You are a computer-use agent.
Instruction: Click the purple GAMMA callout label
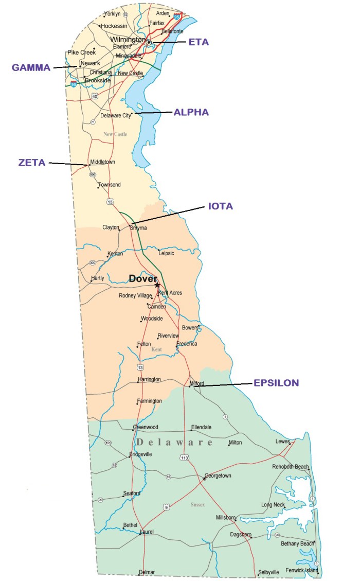point(31,67)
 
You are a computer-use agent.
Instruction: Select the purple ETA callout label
point(199,42)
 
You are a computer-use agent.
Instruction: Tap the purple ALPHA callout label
point(191,112)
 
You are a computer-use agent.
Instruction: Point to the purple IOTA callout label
point(220,206)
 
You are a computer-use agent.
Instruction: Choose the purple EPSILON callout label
point(276,383)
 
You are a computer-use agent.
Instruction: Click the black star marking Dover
point(157,285)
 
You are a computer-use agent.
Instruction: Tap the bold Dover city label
point(142,278)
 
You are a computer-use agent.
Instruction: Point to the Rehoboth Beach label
point(291,467)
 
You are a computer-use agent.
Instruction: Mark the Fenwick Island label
point(300,570)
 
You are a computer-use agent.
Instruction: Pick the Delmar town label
point(147,572)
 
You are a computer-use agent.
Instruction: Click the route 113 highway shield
point(184,457)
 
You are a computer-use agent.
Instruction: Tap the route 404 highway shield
point(108,443)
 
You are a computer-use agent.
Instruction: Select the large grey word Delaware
point(175,442)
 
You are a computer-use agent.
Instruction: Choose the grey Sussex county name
point(197,504)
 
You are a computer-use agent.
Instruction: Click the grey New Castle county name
point(115,134)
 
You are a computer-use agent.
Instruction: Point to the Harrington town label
point(149,379)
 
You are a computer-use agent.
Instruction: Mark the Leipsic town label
point(166,253)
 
